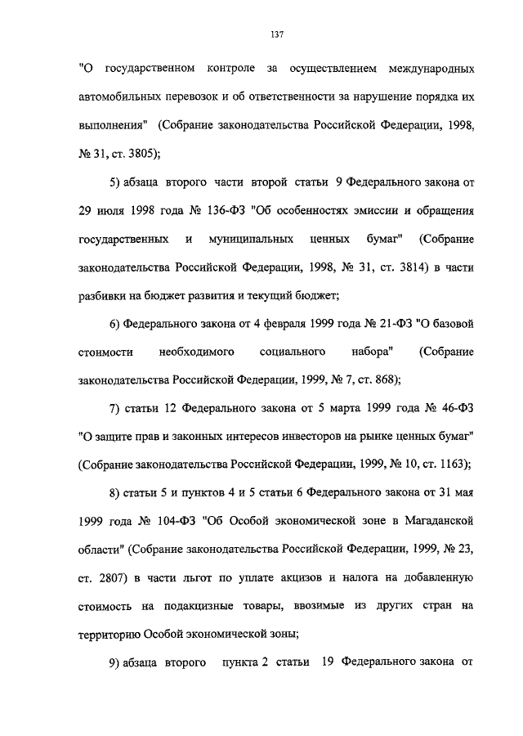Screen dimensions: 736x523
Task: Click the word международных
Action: point(420,66)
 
